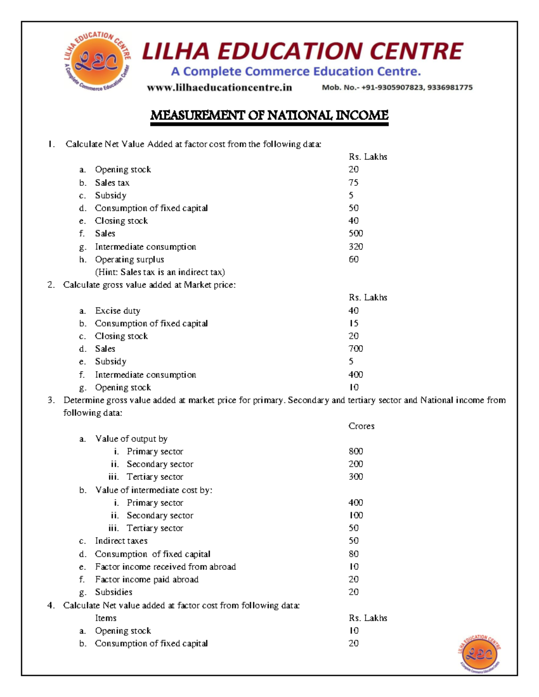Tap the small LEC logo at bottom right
click(x=479, y=654)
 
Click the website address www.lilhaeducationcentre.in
click(x=219, y=88)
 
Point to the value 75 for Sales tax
click(x=353, y=183)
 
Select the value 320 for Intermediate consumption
click(x=356, y=246)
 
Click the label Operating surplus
click(x=129, y=259)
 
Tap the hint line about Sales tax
click(x=160, y=272)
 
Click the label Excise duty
click(x=118, y=311)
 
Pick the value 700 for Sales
click(x=356, y=349)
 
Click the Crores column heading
click(x=361, y=426)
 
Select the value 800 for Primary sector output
click(x=356, y=451)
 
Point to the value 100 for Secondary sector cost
click(x=356, y=515)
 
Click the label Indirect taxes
click(x=121, y=541)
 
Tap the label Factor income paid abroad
click(x=146, y=579)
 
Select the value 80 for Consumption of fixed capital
click(x=353, y=554)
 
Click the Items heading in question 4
click(x=106, y=618)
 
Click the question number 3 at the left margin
click(x=51, y=400)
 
